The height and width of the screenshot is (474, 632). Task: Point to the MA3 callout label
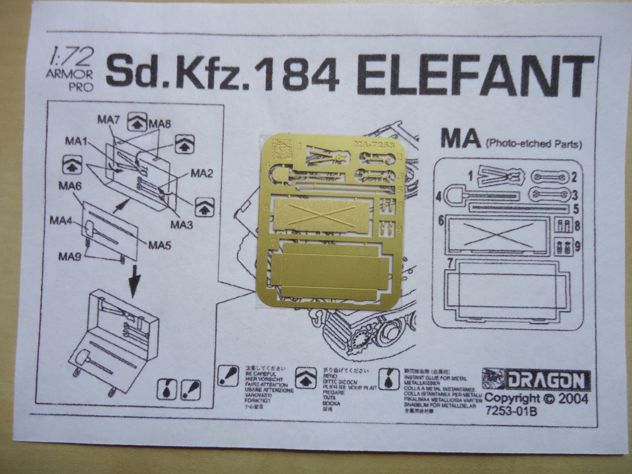tap(182, 225)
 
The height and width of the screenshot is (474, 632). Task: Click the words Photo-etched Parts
tap(534, 145)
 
